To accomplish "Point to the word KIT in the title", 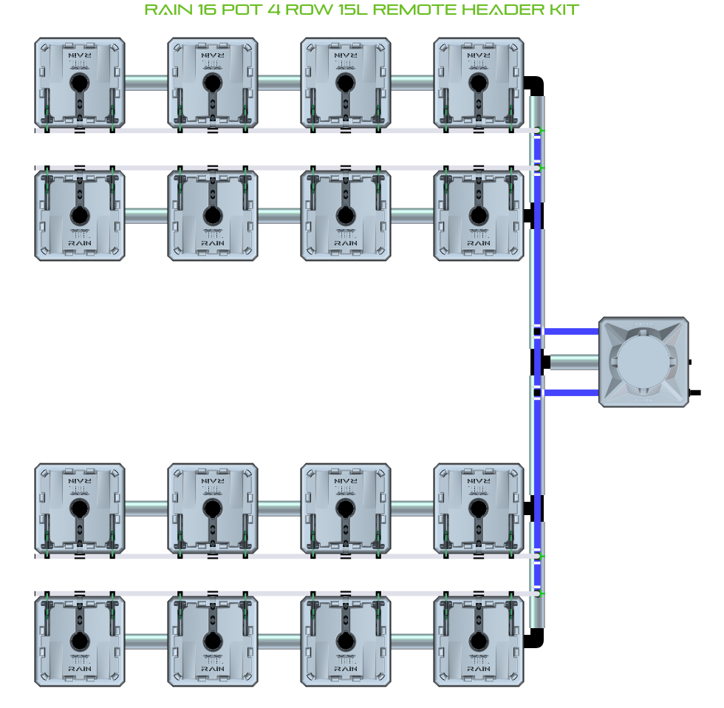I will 563,10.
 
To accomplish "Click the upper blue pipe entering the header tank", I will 570,332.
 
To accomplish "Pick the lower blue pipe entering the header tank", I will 570,392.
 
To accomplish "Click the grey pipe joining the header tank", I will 574,362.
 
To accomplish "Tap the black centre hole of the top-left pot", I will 79,82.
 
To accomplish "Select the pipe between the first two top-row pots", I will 146,82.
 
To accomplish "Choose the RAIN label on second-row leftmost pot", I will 79,242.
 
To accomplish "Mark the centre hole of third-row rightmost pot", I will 479,508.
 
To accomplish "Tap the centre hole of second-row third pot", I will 346,215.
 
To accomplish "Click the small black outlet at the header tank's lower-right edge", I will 694,393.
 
